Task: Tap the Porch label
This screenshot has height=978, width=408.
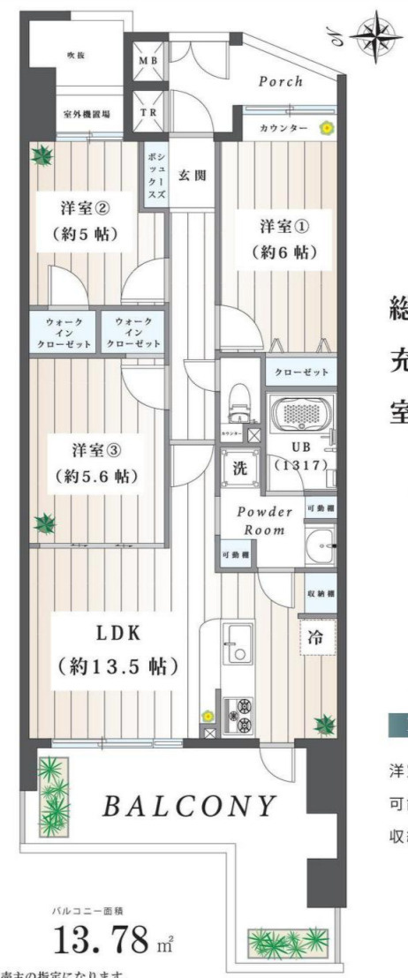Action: [281, 81]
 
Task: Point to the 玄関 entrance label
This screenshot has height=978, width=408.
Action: [192, 175]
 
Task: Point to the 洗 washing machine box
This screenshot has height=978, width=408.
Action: [239, 470]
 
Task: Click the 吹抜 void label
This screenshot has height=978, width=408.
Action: [75, 55]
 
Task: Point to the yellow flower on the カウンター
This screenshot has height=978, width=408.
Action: [326, 129]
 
